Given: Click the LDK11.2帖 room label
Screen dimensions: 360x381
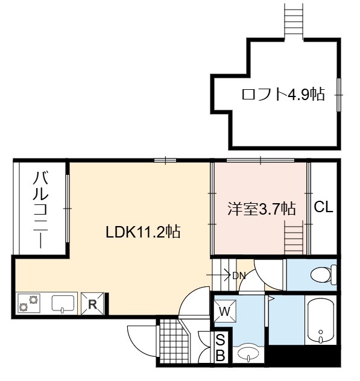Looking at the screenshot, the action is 143,232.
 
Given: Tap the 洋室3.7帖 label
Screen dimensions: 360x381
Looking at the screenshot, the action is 262,209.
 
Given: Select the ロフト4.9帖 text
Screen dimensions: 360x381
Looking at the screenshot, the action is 283,94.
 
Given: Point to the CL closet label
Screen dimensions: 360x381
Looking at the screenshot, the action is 323,207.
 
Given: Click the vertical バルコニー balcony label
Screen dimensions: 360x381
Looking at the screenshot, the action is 40,210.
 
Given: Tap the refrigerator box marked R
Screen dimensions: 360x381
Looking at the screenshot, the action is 92,304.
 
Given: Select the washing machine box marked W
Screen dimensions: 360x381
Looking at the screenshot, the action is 225,311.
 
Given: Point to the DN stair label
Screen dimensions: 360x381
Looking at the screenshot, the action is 239,276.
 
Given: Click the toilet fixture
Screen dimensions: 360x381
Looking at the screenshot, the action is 324,275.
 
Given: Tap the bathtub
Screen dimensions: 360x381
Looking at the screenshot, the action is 321,320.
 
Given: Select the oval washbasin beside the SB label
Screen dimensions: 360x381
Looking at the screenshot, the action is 248,353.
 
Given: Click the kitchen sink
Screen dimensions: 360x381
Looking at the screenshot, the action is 63,303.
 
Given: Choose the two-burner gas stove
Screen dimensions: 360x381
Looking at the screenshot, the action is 29,303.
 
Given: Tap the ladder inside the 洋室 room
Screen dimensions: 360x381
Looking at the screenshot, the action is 294,238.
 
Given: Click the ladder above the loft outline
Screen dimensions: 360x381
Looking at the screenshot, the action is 294,21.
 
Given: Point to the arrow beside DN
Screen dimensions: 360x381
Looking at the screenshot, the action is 218,275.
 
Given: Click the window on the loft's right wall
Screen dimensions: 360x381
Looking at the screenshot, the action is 339,95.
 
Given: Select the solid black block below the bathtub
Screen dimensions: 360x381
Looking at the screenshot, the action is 302,354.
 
